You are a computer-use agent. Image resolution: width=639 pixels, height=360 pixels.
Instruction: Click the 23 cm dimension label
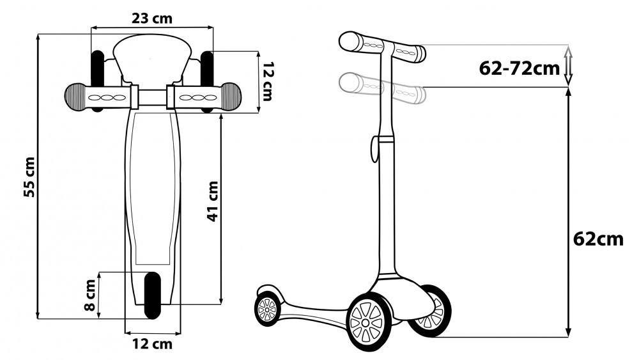pyautogui.click(x=151, y=19)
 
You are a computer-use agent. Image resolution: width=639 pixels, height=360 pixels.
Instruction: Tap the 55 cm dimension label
pyautogui.click(x=30, y=177)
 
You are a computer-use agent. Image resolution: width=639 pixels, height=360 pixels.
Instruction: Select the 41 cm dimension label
pyautogui.click(x=213, y=201)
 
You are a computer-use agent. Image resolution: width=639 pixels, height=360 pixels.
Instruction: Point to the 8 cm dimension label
pyautogui.click(x=90, y=295)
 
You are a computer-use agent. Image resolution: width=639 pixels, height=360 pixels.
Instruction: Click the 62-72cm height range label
pyautogui.click(x=519, y=68)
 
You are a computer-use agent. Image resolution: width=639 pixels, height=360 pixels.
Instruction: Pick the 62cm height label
pyautogui.click(x=598, y=239)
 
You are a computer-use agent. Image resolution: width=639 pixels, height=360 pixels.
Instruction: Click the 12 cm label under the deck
pyautogui.click(x=152, y=343)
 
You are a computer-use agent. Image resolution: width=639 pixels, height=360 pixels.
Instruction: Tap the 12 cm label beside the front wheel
pyautogui.click(x=267, y=82)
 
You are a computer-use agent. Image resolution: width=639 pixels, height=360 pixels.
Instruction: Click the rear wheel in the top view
pyautogui.click(x=153, y=295)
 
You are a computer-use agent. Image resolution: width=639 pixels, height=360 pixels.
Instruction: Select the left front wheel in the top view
pyautogui.click(x=97, y=81)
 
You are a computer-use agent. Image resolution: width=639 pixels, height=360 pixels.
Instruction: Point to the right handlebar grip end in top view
pyautogui.click(x=231, y=97)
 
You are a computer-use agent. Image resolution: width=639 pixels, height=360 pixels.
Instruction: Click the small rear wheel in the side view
pyautogui.click(x=268, y=309)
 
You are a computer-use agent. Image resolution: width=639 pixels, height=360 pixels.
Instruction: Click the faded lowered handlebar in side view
pyautogui.click(x=382, y=88)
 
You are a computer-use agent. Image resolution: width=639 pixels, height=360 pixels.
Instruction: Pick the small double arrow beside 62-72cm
pyautogui.click(x=569, y=65)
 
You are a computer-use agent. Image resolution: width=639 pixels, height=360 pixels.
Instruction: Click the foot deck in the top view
pyautogui.click(x=153, y=207)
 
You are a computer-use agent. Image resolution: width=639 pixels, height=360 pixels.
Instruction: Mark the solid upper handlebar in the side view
pyautogui.click(x=382, y=47)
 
